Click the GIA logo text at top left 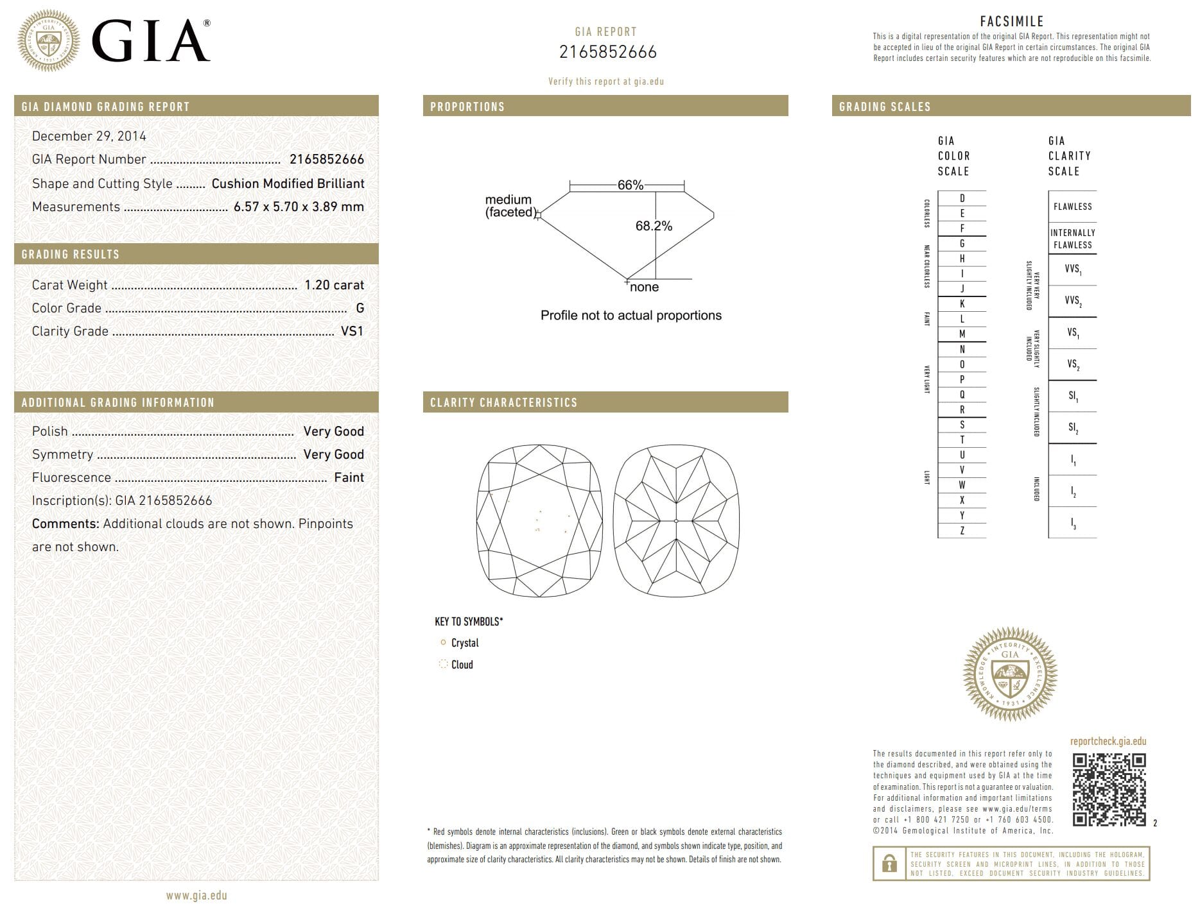point(151,41)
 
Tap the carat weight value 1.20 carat point(334,285)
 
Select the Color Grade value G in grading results point(360,308)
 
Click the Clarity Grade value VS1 point(352,331)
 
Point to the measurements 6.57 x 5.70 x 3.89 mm point(299,207)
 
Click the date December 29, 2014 point(89,136)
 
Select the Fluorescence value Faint point(349,477)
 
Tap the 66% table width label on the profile point(630,185)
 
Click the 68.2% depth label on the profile point(654,226)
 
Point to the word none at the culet point(644,287)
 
